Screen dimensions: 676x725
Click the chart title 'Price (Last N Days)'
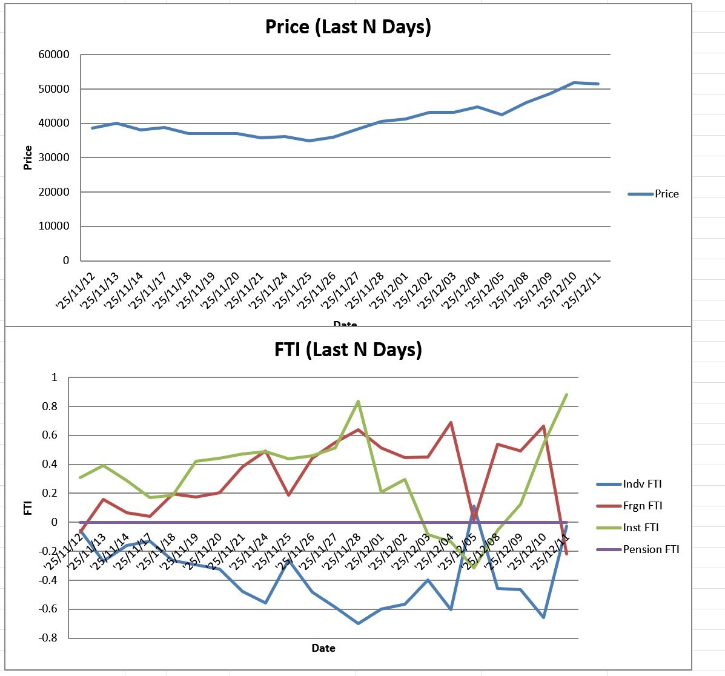point(348,27)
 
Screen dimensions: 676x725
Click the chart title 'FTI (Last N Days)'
point(348,350)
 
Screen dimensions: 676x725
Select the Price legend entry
point(666,194)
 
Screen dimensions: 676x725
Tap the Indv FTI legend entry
point(642,484)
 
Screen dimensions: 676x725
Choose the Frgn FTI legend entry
point(642,506)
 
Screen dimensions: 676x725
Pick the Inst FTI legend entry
point(641,528)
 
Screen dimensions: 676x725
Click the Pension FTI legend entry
point(651,549)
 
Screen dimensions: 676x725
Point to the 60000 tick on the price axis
point(55,55)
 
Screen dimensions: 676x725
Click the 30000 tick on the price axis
point(55,157)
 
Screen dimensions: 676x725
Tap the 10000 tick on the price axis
point(55,226)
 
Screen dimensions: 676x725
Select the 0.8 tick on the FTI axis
point(50,406)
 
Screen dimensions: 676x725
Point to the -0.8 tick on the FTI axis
point(47,638)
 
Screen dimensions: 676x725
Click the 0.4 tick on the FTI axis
point(50,465)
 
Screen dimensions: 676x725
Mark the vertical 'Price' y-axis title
point(28,157)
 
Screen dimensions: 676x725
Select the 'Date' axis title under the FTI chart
point(323,648)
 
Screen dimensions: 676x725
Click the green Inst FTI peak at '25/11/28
point(358,402)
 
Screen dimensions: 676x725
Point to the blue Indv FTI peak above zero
point(474,506)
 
